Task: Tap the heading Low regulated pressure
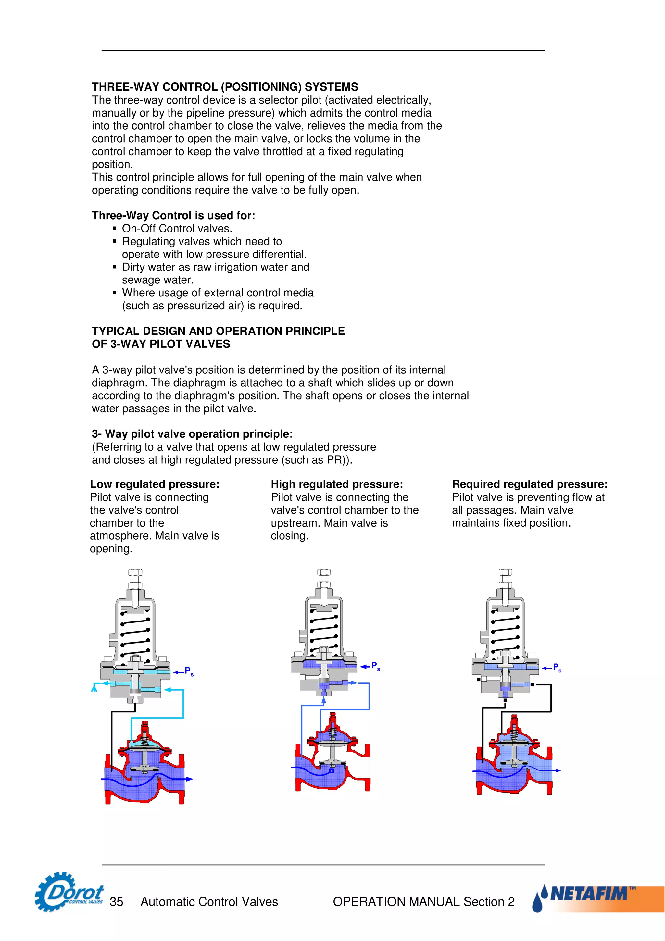tap(155, 484)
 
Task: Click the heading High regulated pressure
tap(337, 484)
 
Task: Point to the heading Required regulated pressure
tap(529, 484)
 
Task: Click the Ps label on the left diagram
tap(188, 671)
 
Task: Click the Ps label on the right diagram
tap(557, 668)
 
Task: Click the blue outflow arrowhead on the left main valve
tap(189, 779)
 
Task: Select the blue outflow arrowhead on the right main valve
tap(558, 771)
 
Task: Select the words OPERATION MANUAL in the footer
tap(396, 902)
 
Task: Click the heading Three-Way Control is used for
tap(173, 215)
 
